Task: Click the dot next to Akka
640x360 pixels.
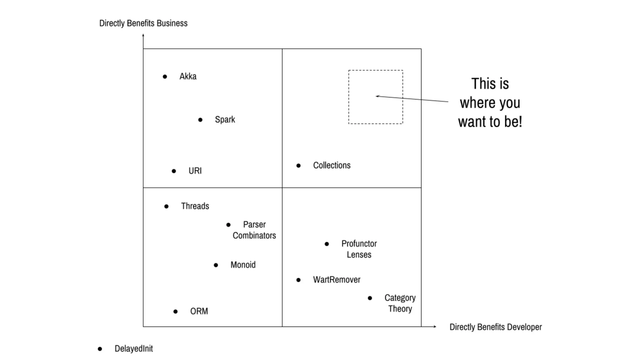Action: pyautogui.click(x=165, y=77)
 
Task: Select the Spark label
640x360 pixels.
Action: pyautogui.click(x=225, y=120)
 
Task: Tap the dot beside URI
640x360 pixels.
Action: pyautogui.click(x=174, y=171)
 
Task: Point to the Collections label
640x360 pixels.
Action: pyautogui.click(x=332, y=165)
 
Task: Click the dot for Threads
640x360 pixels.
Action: pyautogui.click(x=166, y=206)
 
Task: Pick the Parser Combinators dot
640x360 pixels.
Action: pyautogui.click(x=228, y=225)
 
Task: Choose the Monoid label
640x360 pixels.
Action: pyautogui.click(x=243, y=265)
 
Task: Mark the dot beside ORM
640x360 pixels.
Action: pyautogui.click(x=175, y=312)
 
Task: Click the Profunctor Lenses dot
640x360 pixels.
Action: pyautogui.click(x=327, y=244)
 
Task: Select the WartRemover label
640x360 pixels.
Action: pyautogui.click(x=337, y=280)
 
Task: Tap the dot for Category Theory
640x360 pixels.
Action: pyautogui.click(x=370, y=298)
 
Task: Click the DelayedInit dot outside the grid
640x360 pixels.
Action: pyautogui.click(x=100, y=349)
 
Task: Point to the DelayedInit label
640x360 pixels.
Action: pyautogui.click(x=134, y=349)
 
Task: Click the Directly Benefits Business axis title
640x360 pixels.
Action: pyautogui.click(x=143, y=23)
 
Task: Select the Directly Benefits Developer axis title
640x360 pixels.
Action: pyautogui.click(x=495, y=327)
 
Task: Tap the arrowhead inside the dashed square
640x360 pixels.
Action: pyautogui.click(x=377, y=96)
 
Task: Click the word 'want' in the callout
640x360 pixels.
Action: pyautogui.click(x=472, y=122)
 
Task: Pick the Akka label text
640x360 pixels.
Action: pyautogui.click(x=188, y=77)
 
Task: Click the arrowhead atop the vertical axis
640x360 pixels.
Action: pyautogui.click(x=143, y=35)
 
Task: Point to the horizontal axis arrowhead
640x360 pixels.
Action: pyautogui.click(x=435, y=327)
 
